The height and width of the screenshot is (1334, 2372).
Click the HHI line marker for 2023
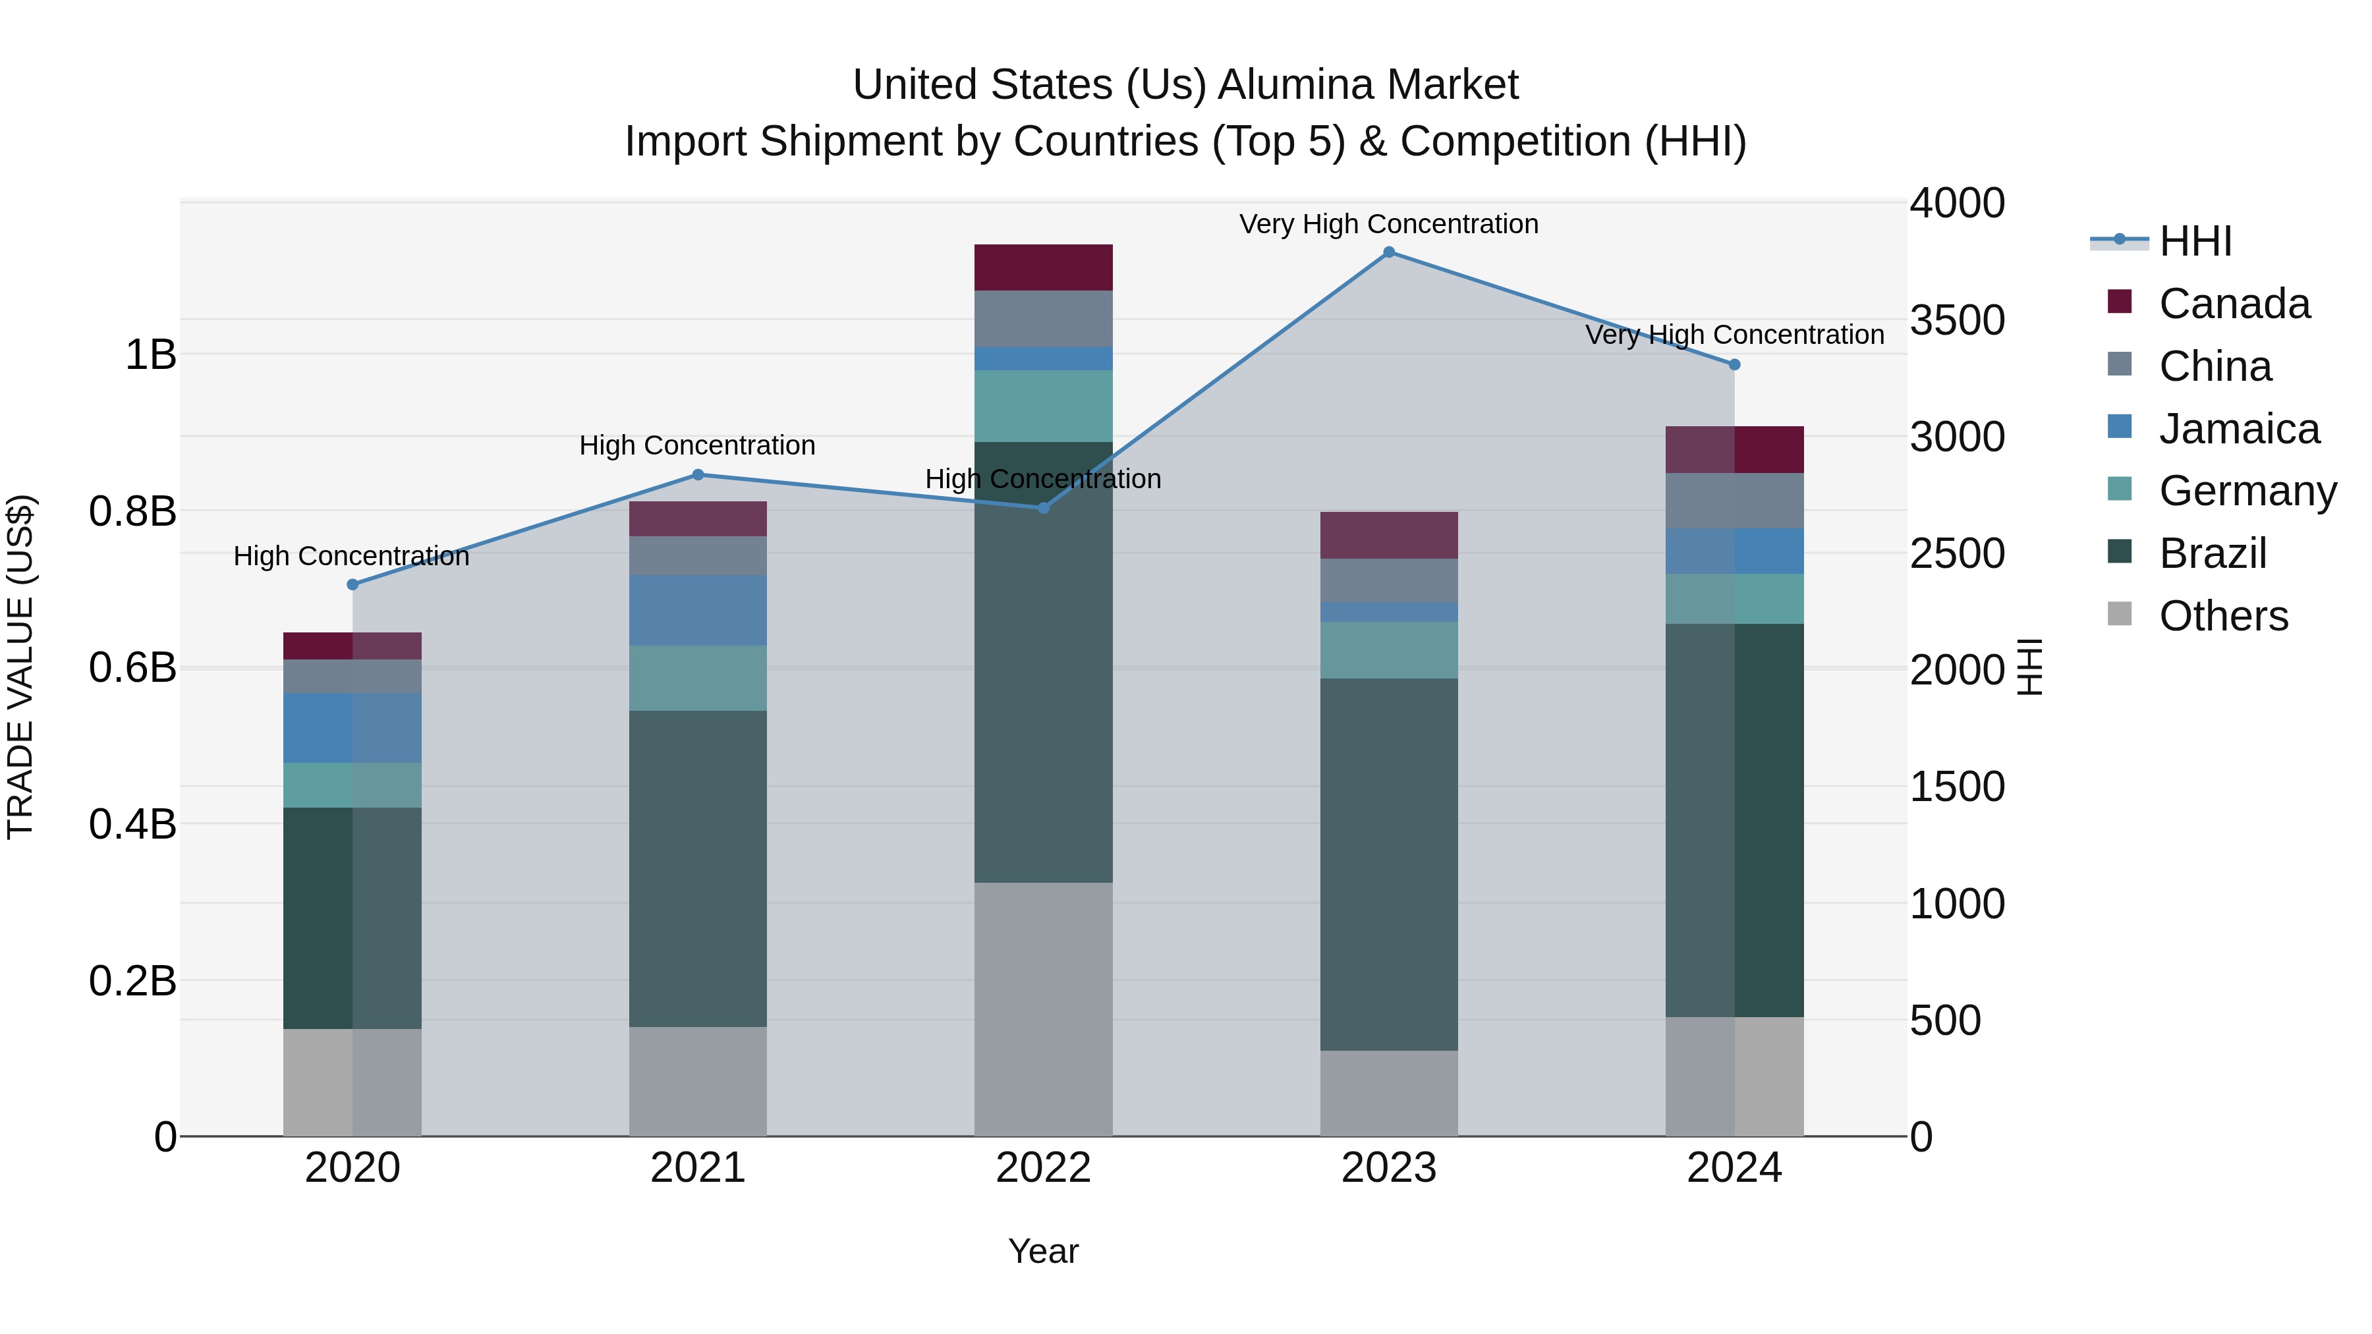pos(1388,252)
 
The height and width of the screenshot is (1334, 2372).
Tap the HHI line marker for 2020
pos(352,584)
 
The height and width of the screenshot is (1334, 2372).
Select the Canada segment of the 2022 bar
pos(1043,268)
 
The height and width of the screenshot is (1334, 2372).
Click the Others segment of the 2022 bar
pos(1043,1009)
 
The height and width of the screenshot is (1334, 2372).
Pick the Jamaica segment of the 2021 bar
pos(697,611)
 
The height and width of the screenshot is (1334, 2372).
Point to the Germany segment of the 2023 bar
pos(1388,650)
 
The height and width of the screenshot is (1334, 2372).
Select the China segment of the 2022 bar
pos(1043,319)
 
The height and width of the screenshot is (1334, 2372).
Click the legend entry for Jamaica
pos(2238,429)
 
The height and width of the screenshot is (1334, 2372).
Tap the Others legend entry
pos(2223,616)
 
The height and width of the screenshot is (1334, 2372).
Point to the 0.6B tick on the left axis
pos(132,667)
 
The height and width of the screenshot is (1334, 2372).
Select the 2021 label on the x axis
pos(697,1168)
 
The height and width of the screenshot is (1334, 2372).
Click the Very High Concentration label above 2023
pos(1388,224)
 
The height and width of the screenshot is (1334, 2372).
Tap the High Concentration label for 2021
pos(697,445)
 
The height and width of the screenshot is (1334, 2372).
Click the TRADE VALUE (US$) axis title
pos(20,667)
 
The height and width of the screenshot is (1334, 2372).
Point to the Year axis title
pos(1043,1251)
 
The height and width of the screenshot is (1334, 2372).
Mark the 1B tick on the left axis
pos(150,354)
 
